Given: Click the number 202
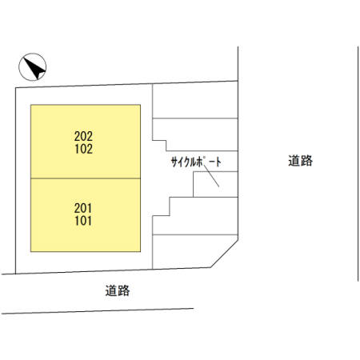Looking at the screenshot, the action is click(x=83, y=136).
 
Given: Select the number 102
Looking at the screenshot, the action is click(x=84, y=149).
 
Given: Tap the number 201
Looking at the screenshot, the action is click(x=83, y=208).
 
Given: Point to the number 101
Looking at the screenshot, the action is click(x=83, y=221).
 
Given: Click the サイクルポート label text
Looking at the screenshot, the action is click(x=196, y=162).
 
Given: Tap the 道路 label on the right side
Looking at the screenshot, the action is click(x=300, y=161).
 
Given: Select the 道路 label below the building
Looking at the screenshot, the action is click(x=118, y=290).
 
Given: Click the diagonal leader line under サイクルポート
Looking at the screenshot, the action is click(x=211, y=176).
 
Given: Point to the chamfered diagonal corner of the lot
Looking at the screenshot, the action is click(x=224, y=254).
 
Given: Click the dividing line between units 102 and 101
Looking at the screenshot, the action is click(x=86, y=178).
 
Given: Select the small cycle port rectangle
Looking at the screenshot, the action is click(x=215, y=184).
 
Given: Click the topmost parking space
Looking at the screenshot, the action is click(x=195, y=100).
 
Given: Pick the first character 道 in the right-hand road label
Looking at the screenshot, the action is click(x=294, y=161).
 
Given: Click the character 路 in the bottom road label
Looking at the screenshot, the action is click(x=124, y=290).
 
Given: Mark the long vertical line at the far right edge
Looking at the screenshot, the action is click(x=358, y=163).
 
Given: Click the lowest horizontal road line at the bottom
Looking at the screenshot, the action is click(x=98, y=311).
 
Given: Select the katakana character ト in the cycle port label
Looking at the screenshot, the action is click(x=218, y=162).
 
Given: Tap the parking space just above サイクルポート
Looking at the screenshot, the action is click(x=195, y=134).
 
